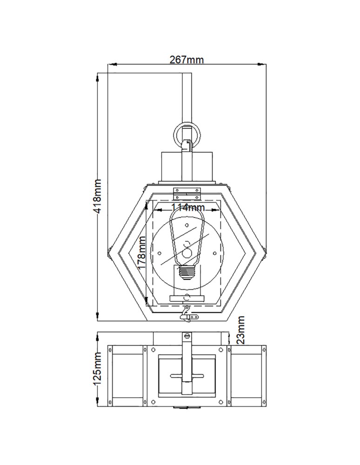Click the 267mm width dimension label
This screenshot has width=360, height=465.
187,60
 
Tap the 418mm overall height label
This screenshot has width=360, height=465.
98,196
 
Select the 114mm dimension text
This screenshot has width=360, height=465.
187,207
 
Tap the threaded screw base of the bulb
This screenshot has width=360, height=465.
187,273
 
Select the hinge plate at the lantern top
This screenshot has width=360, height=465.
187,191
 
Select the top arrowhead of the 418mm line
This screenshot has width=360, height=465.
98,75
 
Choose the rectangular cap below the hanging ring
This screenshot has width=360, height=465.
187,166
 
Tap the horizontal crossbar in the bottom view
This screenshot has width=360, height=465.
187,375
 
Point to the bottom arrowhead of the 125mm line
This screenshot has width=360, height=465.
98,403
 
